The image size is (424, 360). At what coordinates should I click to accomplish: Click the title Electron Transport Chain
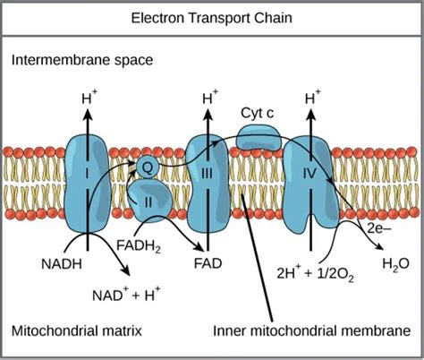211,17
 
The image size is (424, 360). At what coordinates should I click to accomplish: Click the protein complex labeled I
88,170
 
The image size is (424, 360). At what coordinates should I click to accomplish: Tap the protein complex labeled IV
307,175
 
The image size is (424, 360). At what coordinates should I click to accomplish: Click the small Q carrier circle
149,165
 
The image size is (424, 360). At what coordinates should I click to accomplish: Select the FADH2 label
137,243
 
